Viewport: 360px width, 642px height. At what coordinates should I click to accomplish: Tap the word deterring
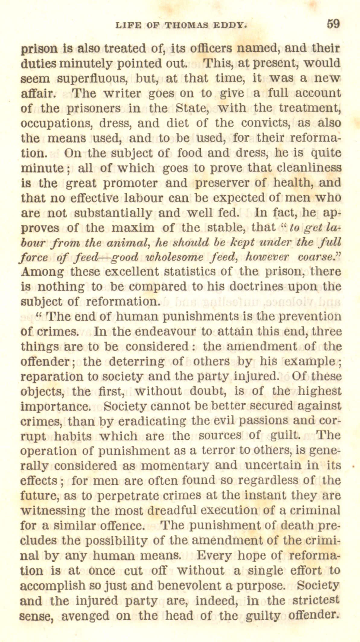point(136,361)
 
